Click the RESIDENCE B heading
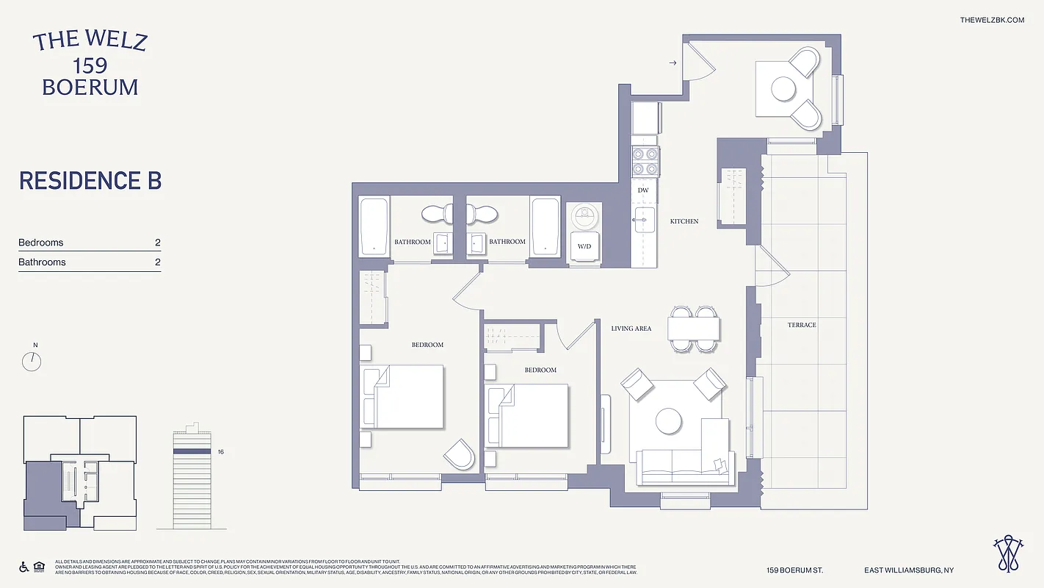tap(90, 181)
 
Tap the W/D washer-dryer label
tap(584, 246)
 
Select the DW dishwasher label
tap(643, 190)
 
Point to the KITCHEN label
tap(684, 221)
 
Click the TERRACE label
tap(802, 325)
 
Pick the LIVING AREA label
tap(631, 329)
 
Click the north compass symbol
tap(32, 361)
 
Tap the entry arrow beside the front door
tap(673, 63)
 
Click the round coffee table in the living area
tap(669, 421)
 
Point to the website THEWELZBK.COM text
tap(992, 20)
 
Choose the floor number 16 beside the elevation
tap(220, 452)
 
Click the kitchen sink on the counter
tap(645, 218)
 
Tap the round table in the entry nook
tap(783, 89)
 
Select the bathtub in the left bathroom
tap(374, 226)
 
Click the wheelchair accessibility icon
tap(23, 567)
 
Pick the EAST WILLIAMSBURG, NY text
tap(909, 570)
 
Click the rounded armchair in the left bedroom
tap(460, 454)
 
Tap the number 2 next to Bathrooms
tap(157, 262)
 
